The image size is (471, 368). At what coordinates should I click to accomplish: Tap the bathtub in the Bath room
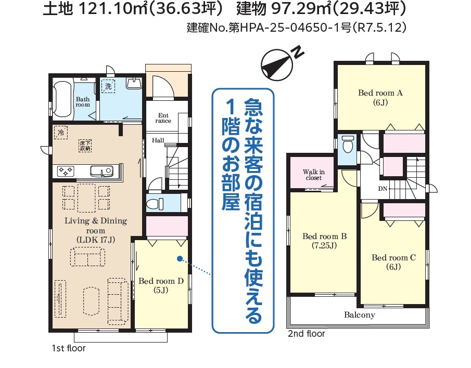pos(63,100)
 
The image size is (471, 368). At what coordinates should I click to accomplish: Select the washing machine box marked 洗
pos(108,86)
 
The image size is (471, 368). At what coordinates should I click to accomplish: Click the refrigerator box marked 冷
pos(61,133)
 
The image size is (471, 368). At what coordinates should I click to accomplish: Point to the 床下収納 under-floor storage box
pos(85,146)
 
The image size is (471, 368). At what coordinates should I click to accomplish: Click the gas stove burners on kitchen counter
pos(66,171)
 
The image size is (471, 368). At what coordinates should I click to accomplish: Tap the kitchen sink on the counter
pos(101,171)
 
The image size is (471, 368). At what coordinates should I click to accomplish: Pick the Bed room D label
pos(161,285)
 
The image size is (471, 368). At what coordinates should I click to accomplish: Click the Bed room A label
pos(380,98)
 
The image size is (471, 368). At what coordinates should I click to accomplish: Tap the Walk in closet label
pos(314,175)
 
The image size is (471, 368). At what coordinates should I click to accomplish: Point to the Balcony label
pos(360,315)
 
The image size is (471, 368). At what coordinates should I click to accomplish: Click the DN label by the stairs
pos(383,189)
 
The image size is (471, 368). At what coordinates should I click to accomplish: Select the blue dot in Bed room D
pos(180,258)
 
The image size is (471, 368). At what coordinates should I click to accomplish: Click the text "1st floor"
pos(69,348)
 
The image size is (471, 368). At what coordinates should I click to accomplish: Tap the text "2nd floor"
pos(307,334)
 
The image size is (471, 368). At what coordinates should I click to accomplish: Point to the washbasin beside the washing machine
pos(134,83)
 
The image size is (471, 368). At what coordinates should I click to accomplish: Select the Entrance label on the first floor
pos(163,118)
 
